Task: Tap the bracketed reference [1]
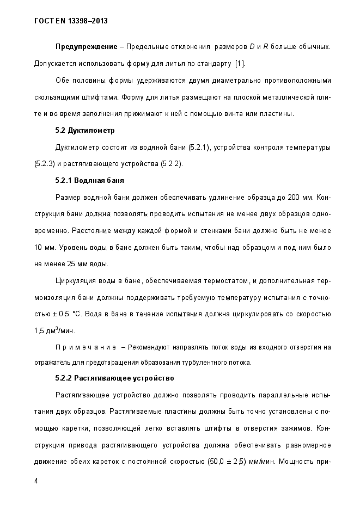tap(240, 64)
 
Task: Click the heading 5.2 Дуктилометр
tap(84, 131)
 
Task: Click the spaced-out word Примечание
tap(86, 347)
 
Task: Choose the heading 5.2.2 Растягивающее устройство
tap(114, 377)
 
